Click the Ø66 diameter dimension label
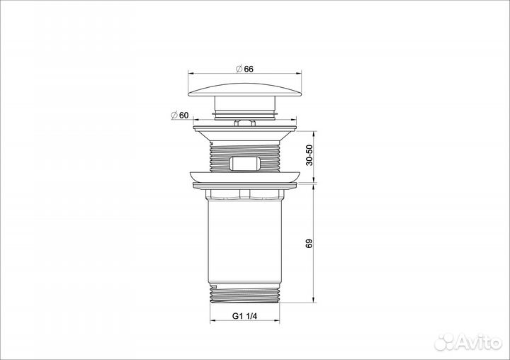[244, 69]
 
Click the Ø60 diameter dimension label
[179, 116]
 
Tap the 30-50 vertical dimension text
[309, 155]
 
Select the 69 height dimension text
[309, 244]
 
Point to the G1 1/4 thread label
[244, 316]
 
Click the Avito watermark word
[478, 342]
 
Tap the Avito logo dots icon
[445, 342]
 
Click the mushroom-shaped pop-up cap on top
[244, 90]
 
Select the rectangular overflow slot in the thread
[244, 164]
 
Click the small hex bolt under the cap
[244, 123]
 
